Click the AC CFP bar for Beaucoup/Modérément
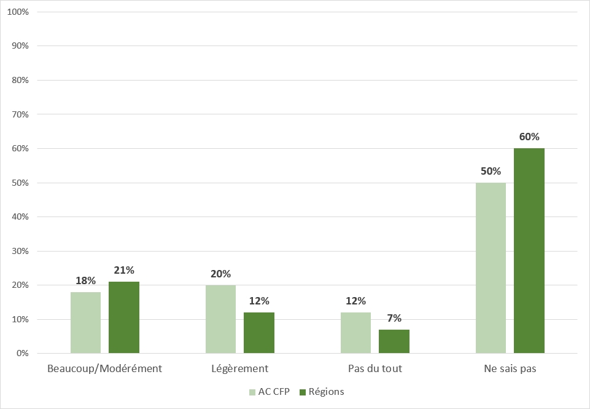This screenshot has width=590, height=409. pos(85,322)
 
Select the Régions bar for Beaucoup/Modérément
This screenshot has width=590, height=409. pos(124,317)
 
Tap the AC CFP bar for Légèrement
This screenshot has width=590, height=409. pos(220,319)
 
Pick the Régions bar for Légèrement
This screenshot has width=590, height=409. pos(259,333)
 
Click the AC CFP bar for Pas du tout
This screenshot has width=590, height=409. pos(355,333)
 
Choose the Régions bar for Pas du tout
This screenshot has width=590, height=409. pos(394,341)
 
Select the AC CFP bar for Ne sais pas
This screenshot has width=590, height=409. pos(491,268)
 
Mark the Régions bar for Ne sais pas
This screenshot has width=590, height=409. pos(529,251)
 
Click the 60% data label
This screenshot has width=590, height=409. pos(529,137)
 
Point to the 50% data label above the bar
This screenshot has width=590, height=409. pos(491,172)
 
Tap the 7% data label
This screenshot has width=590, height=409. pos(394,318)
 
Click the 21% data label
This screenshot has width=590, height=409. pos(124,270)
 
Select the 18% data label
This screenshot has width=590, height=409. pos(85,280)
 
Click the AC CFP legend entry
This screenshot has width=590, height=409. pos(269,392)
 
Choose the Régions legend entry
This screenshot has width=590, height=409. pos(322,392)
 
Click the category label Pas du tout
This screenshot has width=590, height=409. pos(375,369)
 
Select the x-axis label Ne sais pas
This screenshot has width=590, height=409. pos(510,369)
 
